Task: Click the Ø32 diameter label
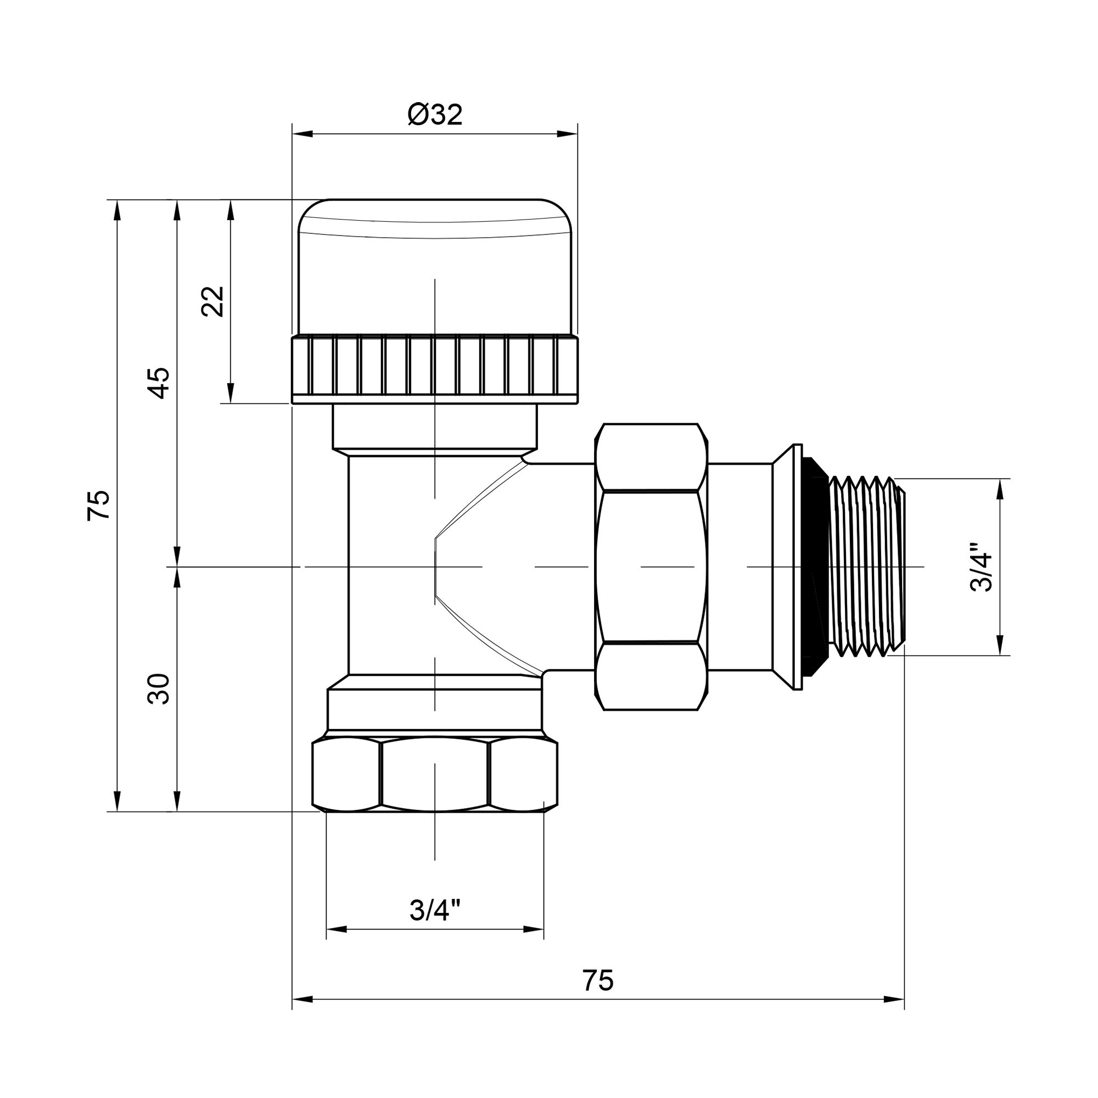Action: [x=435, y=115]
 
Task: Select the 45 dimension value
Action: [x=159, y=383]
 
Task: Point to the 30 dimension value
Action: [x=159, y=689]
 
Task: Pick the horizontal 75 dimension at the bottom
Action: [x=598, y=981]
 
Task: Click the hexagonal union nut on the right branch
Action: [x=651, y=567]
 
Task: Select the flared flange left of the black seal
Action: [x=787, y=567]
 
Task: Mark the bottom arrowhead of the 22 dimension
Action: [x=230, y=392]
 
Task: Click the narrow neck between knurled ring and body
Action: [x=435, y=425]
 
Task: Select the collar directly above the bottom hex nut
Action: [x=435, y=710]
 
